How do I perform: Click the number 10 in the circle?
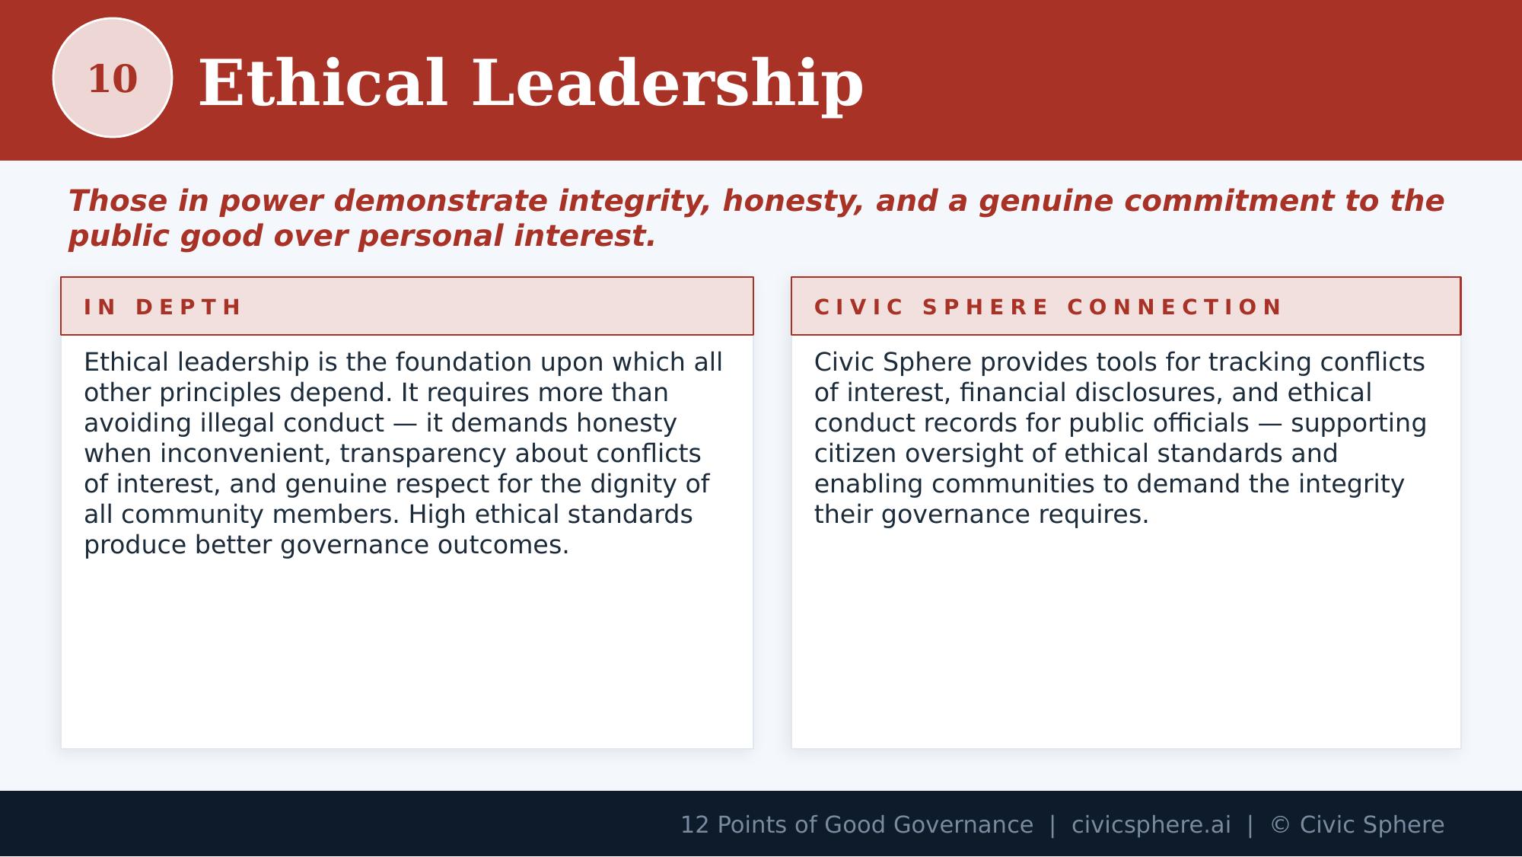(x=113, y=79)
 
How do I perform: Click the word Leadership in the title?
(x=667, y=84)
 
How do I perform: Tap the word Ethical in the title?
(x=323, y=84)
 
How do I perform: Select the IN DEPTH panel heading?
(x=163, y=307)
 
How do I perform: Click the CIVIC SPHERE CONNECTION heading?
(x=1049, y=307)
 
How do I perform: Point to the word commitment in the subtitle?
(x=1228, y=202)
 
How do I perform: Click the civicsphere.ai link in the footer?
(x=1151, y=825)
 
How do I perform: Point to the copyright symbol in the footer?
(x=1280, y=825)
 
